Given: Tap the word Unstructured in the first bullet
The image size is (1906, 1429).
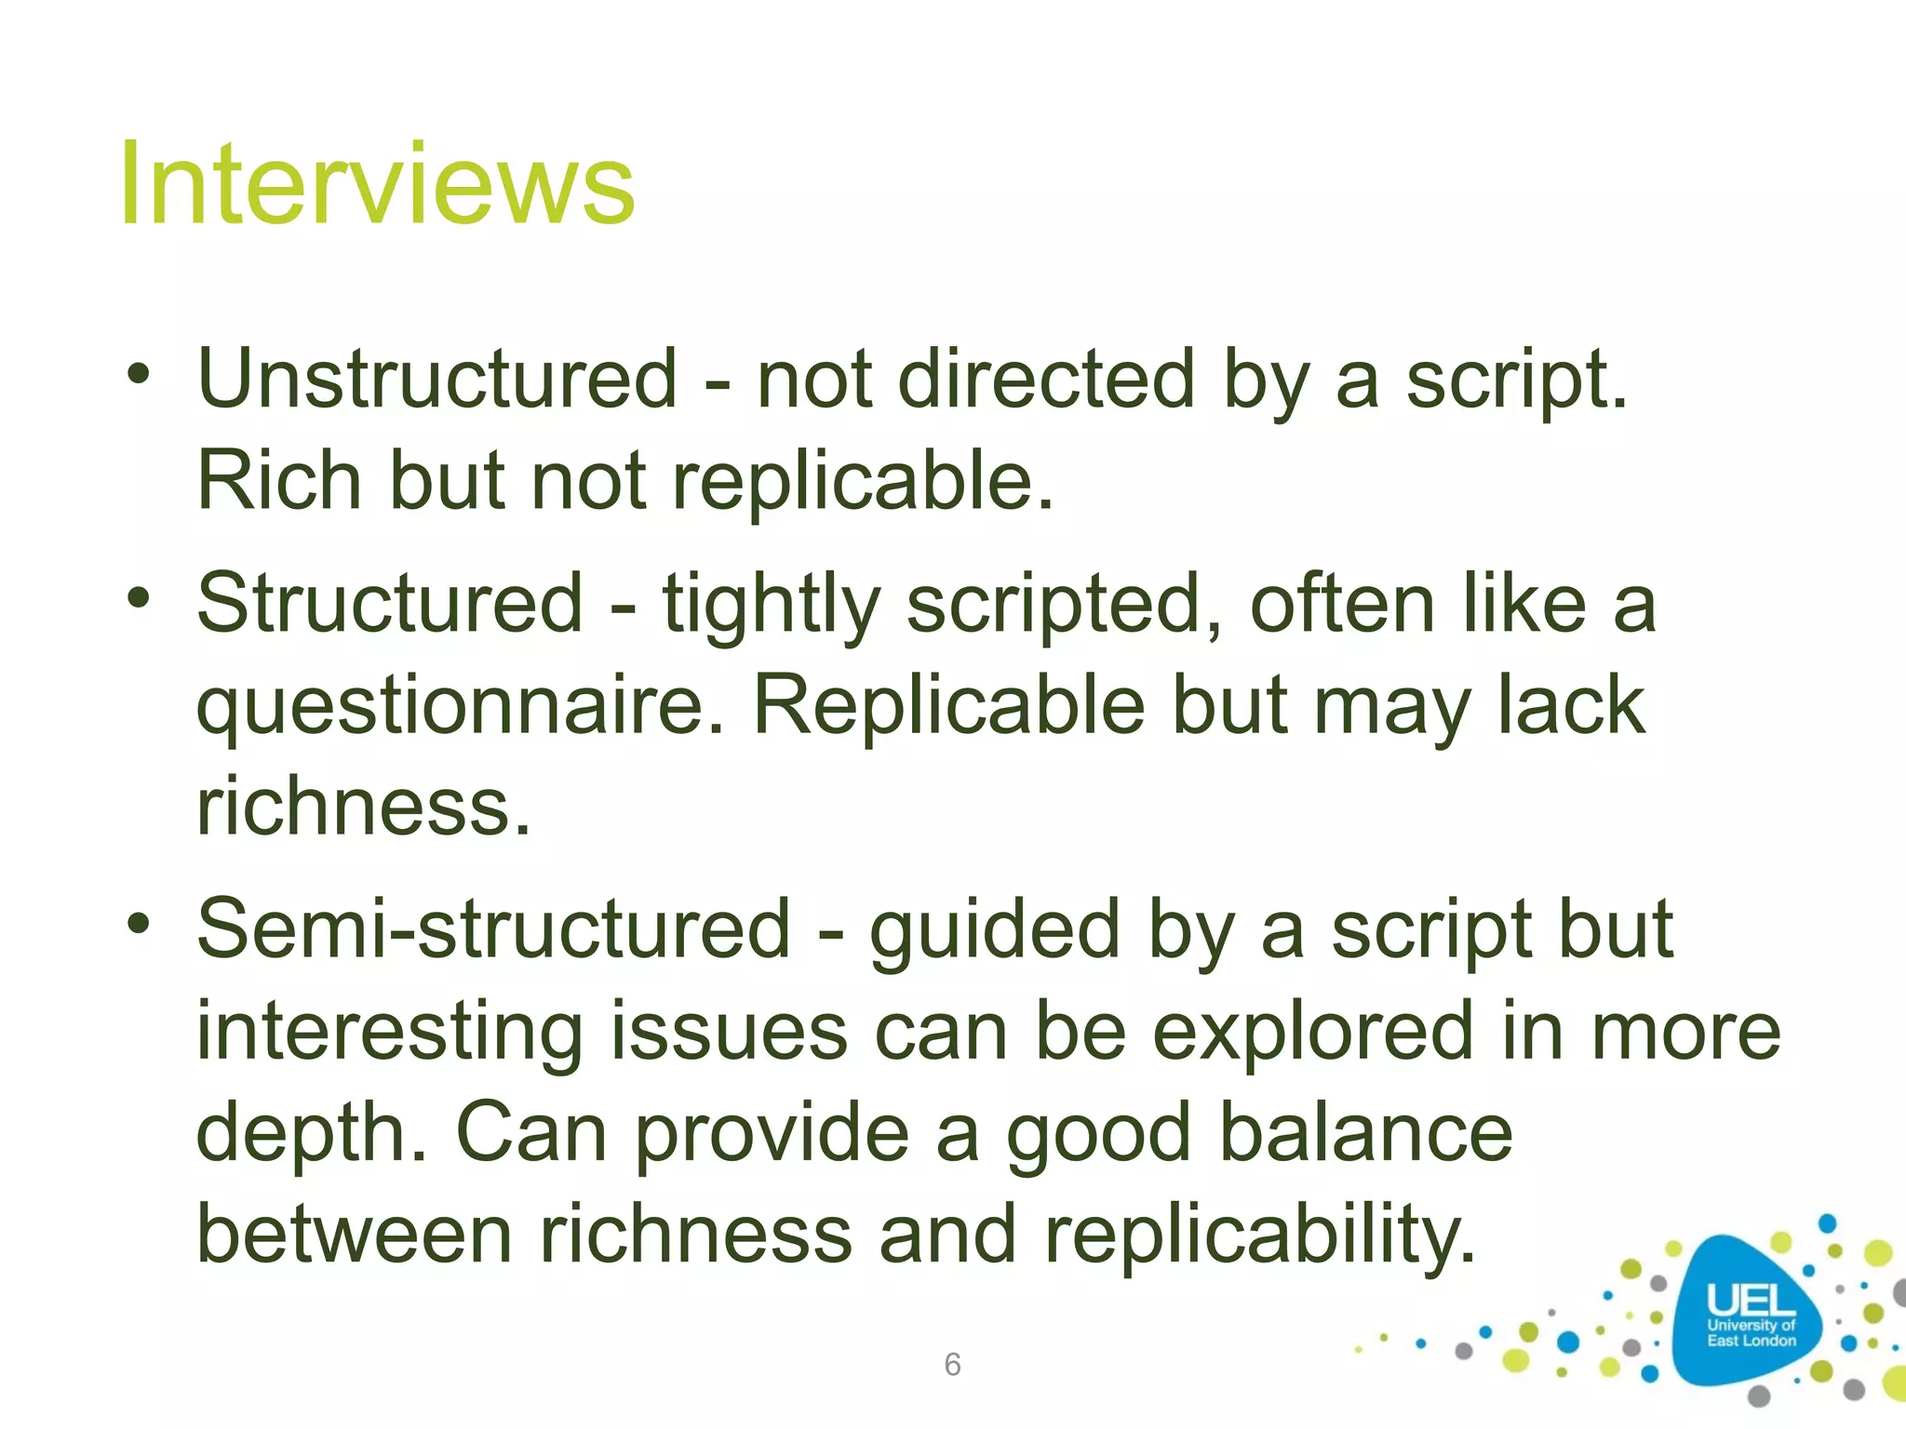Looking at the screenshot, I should [x=437, y=379].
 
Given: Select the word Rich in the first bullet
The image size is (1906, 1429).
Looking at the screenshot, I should [x=279, y=481].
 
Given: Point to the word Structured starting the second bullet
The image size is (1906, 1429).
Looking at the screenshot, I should [x=390, y=604].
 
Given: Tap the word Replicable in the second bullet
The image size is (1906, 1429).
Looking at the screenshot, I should [x=948, y=705].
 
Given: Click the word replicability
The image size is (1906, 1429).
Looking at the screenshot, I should [x=1260, y=1235].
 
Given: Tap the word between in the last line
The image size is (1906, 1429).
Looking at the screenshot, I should [x=355, y=1235].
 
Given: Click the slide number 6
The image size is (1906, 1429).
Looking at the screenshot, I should [x=952, y=1365].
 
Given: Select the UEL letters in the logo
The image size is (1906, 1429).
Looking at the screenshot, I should [x=1751, y=1301].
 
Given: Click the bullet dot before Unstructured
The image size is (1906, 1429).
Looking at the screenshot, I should [x=139, y=374].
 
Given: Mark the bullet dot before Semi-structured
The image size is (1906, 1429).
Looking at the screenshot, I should [x=139, y=924].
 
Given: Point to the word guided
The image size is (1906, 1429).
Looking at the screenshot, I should [x=994, y=930].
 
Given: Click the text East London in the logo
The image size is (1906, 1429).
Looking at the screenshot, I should [x=1751, y=1341].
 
